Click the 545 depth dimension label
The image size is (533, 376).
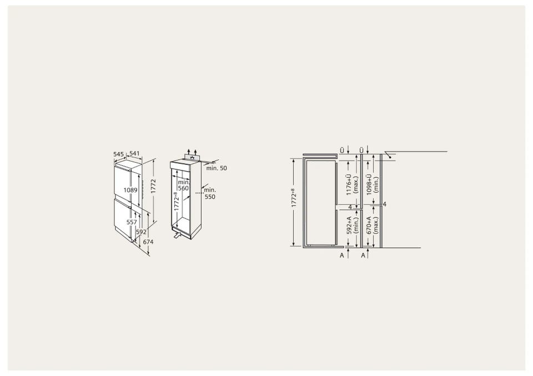pyautogui.click(x=119, y=154)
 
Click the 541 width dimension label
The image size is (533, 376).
pyautogui.click(x=134, y=154)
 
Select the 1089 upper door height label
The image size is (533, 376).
pyautogui.click(x=130, y=190)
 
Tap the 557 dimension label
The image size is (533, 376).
pyautogui.click(x=131, y=222)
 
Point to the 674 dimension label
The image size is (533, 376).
pyautogui.click(x=148, y=242)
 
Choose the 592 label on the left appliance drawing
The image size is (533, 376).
pyautogui.click(x=141, y=232)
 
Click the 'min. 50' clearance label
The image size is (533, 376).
pyautogui.click(x=217, y=168)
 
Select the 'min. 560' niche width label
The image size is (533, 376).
pyautogui.click(x=184, y=186)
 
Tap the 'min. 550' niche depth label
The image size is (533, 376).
pyautogui.click(x=210, y=193)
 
